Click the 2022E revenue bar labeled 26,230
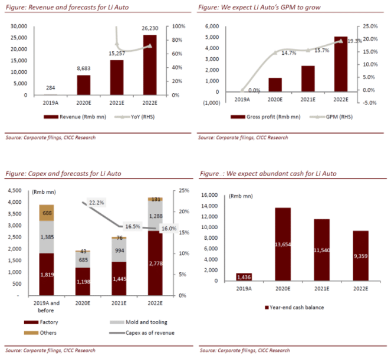point(150,65)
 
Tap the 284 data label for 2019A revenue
point(51,89)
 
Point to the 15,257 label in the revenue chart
point(117,54)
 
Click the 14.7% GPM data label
point(288,54)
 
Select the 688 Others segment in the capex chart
point(51,213)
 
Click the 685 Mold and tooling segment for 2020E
point(84,260)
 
